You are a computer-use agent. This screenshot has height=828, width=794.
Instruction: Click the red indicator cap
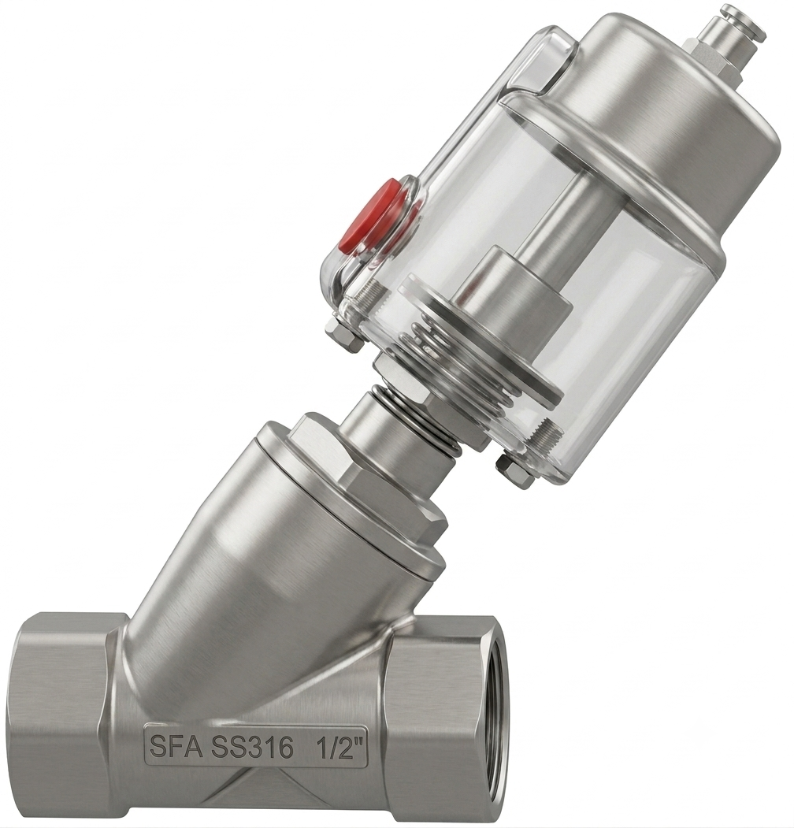pos(377,217)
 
